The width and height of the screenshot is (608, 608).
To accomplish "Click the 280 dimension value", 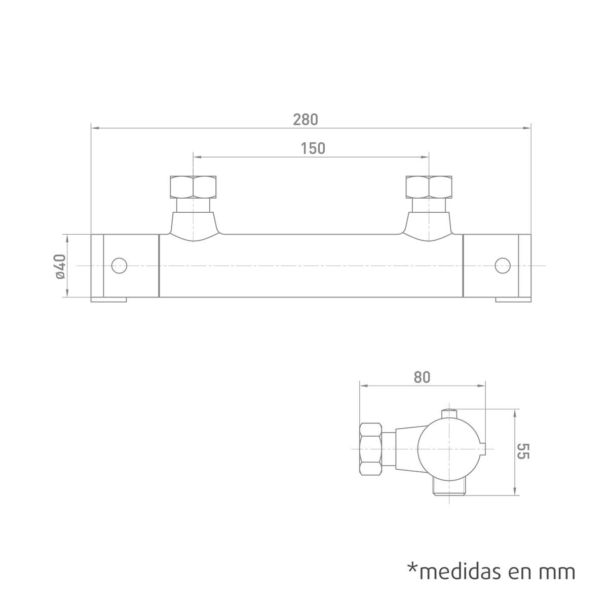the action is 306,120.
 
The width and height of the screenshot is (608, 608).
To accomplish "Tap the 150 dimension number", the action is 313,148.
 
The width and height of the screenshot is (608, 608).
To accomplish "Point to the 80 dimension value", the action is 422,377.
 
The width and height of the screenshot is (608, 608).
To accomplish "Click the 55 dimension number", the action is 523,451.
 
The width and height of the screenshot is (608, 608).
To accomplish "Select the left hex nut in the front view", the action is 193,187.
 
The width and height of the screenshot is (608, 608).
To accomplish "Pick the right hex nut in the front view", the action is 429,187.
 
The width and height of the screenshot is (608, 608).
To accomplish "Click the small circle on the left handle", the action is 119,265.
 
